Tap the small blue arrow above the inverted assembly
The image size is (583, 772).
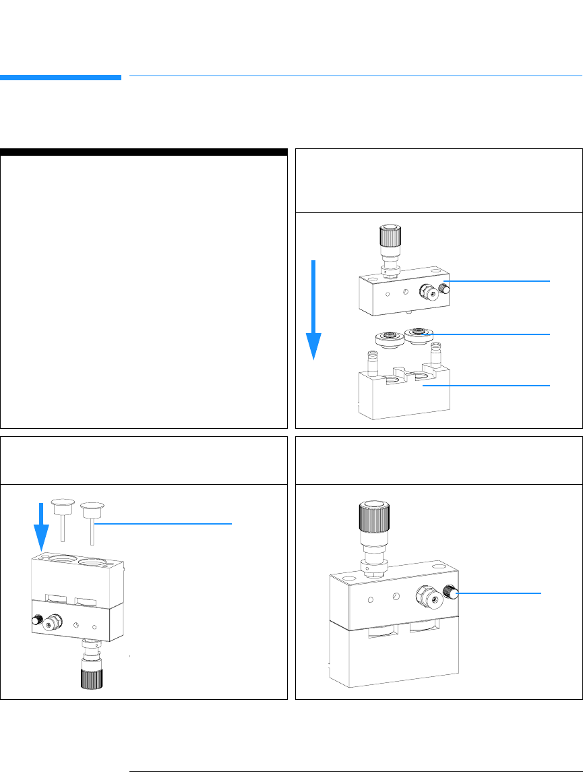click(x=42, y=523)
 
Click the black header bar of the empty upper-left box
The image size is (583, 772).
click(x=144, y=152)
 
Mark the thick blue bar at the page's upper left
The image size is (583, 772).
click(x=61, y=77)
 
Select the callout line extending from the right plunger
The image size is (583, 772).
click(x=165, y=523)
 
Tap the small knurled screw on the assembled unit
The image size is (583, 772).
click(x=452, y=594)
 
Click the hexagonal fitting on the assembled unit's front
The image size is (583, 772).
click(x=428, y=595)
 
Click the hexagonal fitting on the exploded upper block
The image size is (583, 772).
click(x=427, y=291)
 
